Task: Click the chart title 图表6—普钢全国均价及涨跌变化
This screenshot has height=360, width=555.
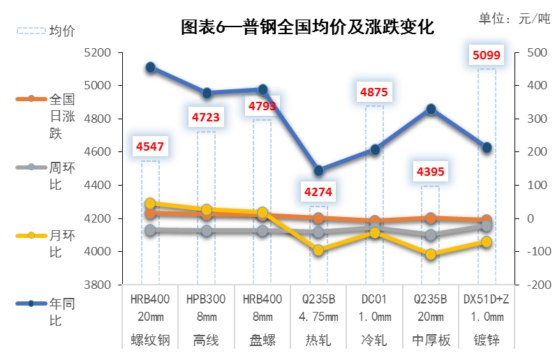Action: (x=307, y=27)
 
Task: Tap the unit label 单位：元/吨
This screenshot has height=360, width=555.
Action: (x=515, y=18)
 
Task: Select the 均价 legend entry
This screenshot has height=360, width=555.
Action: (x=46, y=31)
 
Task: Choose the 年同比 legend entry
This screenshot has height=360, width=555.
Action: (x=46, y=312)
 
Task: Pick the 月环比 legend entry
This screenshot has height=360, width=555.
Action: (x=46, y=243)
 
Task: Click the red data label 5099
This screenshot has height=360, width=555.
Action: (x=487, y=55)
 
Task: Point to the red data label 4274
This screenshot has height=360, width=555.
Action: (x=318, y=192)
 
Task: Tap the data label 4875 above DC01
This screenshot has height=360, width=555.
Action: (x=374, y=92)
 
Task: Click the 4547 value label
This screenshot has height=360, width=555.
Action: (x=150, y=147)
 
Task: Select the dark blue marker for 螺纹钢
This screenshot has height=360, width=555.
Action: (x=150, y=67)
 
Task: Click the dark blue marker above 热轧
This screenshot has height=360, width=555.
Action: (x=318, y=170)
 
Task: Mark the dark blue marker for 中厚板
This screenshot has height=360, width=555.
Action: (x=431, y=110)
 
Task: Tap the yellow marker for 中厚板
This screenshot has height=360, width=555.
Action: (x=431, y=254)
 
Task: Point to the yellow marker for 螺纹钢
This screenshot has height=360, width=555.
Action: (x=150, y=203)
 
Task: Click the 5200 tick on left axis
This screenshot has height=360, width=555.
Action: (x=98, y=53)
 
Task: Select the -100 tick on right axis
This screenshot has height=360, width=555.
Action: (x=540, y=251)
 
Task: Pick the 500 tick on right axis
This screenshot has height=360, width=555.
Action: (x=538, y=53)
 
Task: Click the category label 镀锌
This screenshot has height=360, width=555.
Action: (x=487, y=340)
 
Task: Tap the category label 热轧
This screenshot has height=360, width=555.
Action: (x=318, y=340)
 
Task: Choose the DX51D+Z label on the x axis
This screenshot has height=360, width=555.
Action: (x=487, y=299)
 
